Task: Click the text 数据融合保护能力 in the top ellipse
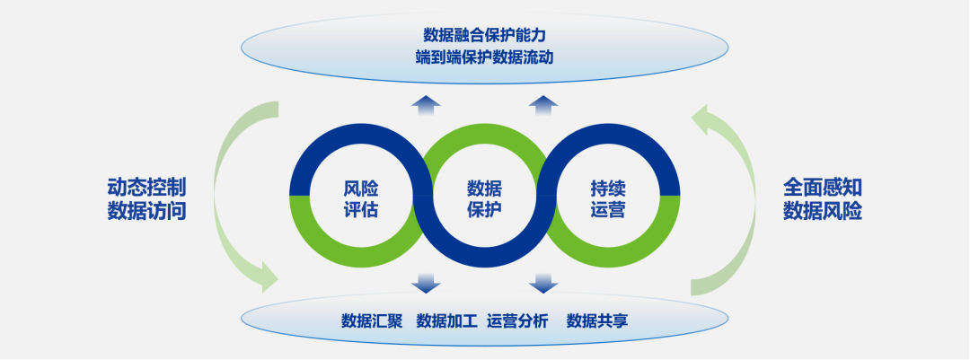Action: click(484, 34)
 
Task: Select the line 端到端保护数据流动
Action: click(484, 57)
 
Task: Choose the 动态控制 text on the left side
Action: click(146, 187)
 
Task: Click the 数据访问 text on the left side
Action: click(146, 211)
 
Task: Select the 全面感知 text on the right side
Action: click(823, 187)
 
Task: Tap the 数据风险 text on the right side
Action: click(823, 211)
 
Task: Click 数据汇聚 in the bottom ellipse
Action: click(372, 321)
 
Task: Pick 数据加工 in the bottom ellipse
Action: click(447, 321)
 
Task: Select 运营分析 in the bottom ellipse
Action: click(518, 321)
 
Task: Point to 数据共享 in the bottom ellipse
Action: click(597, 321)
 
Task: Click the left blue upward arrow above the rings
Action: click(426, 105)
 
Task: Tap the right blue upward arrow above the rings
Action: click(543, 105)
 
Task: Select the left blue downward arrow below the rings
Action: click(426, 283)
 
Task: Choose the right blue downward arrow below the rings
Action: click(543, 283)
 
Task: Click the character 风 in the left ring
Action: click(352, 189)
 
